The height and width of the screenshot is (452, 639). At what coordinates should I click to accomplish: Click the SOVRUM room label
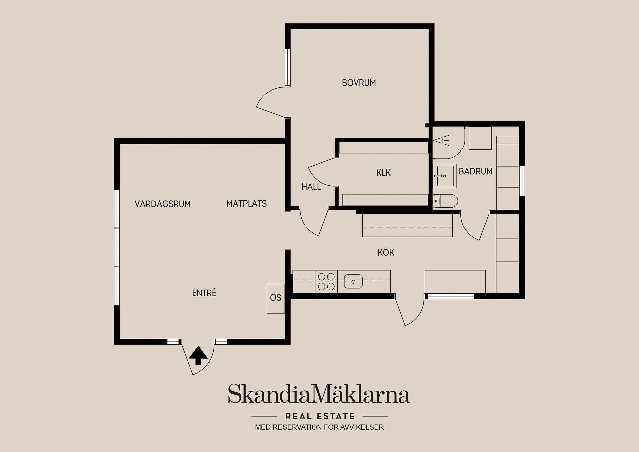[359, 83]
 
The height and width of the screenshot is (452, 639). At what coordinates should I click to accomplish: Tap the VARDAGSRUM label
[162, 204]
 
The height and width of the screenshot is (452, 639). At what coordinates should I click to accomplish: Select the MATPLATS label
[246, 203]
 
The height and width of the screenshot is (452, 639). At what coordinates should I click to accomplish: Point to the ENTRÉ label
[204, 293]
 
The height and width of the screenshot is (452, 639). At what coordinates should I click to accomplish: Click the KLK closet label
[383, 173]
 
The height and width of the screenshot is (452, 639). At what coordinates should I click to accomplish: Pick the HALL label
[311, 187]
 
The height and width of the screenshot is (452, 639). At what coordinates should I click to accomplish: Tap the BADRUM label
[475, 171]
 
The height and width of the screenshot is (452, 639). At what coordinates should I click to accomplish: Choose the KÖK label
[386, 252]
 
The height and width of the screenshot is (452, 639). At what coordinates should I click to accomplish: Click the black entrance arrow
[198, 355]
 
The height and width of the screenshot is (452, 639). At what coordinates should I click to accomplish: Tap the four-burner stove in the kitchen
[326, 282]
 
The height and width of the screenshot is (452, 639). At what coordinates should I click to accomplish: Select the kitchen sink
[353, 281]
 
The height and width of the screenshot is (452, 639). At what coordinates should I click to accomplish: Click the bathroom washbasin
[444, 176]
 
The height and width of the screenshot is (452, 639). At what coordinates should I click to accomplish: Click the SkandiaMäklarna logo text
[319, 394]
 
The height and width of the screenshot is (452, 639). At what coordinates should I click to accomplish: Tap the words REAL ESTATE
[320, 416]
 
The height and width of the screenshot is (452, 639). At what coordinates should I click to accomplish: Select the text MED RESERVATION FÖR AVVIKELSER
[319, 427]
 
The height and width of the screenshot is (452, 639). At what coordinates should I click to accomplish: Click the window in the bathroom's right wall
[522, 181]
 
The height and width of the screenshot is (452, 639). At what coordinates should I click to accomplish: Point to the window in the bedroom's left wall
[287, 68]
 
